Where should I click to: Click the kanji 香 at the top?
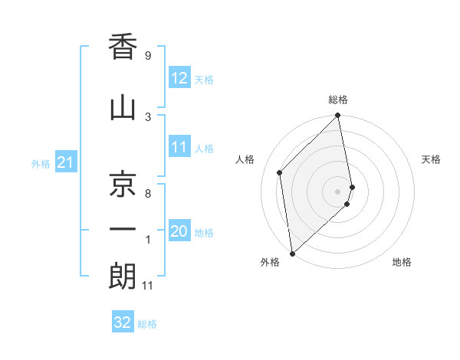[x=123, y=47]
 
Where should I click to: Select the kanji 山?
[x=123, y=108]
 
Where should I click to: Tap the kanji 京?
[x=123, y=183]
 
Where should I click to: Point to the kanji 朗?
[x=123, y=277]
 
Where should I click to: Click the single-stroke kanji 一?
[x=123, y=230]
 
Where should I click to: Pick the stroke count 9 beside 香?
[x=147, y=55]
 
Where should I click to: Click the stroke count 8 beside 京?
[x=147, y=194]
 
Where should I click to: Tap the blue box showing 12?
[x=179, y=78]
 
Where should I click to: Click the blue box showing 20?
[x=179, y=232]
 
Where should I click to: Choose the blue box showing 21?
[x=66, y=162]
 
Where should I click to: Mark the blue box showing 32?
[x=123, y=322]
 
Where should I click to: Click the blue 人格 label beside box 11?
[x=204, y=149]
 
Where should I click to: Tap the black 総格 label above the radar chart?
[x=338, y=100]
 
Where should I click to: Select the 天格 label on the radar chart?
[x=432, y=159]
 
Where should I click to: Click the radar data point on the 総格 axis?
[x=338, y=116]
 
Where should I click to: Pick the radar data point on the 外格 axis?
[x=292, y=253]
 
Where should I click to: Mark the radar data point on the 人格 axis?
[x=280, y=172]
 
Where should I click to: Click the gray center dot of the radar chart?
[x=338, y=191]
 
